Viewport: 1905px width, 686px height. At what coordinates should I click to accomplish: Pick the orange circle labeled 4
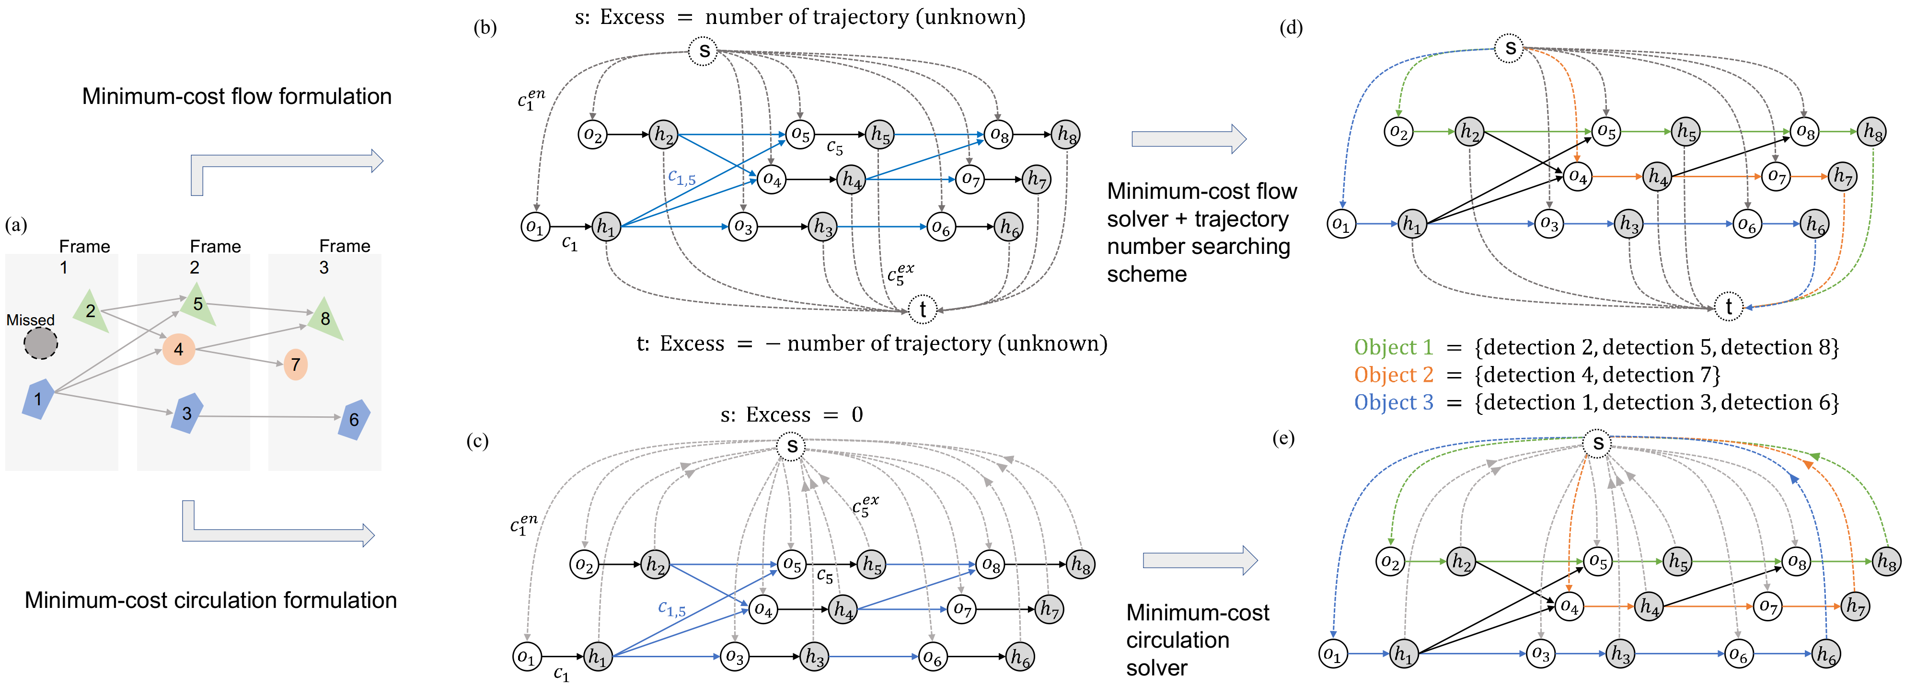click(x=178, y=349)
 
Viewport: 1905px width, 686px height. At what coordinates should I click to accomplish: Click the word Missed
click(x=30, y=320)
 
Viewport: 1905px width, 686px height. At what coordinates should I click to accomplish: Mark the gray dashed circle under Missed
click(x=41, y=344)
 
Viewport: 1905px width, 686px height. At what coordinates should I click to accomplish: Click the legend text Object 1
click(x=1393, y=347)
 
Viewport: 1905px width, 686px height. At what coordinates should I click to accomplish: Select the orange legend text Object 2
click(x=1393, y=375)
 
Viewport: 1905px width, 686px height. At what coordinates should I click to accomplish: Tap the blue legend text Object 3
click(x=1393, y=402)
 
